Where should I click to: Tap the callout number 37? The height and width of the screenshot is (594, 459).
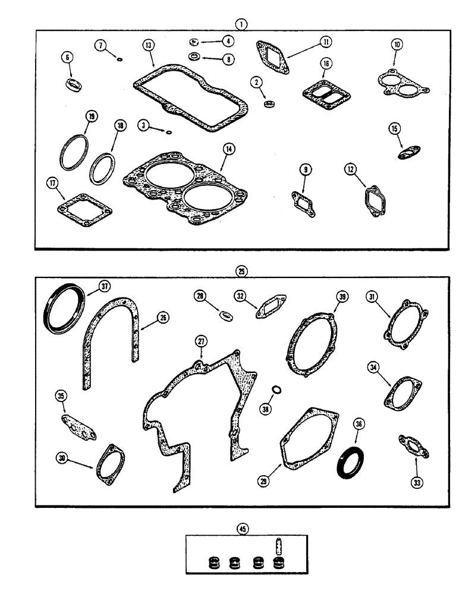[x=105, y=286]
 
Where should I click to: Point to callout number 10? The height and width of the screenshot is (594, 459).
[x=397, y=45]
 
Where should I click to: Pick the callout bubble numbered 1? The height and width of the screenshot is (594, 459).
[x=241, y=23]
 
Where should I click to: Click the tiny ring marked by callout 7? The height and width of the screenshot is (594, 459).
[x=120, y=59]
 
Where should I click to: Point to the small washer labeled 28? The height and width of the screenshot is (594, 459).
[x=226, y=315]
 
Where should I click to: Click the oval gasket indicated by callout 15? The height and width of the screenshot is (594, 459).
[x=406, y=153]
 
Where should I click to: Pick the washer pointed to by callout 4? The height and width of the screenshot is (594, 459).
[x=194, y=42]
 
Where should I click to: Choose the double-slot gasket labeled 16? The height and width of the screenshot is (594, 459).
[x=323, y=92]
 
